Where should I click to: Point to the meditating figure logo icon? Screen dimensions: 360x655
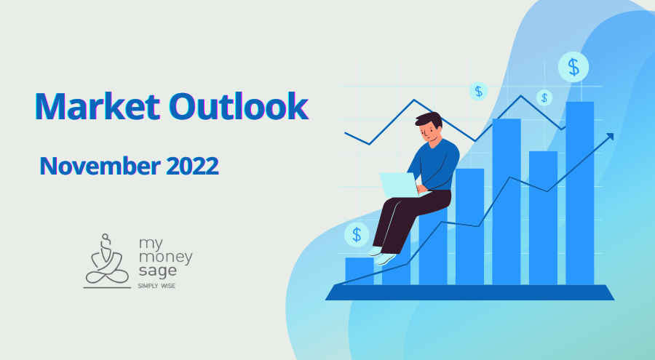(x=105, y=260)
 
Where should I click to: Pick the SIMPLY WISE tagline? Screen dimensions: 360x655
(x=156, y=286)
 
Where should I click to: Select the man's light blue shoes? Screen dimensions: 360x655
(x=384, y=256)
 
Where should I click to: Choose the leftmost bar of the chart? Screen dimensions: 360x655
(x=359, y=271)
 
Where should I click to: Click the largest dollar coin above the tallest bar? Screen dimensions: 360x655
(x=573, y=67)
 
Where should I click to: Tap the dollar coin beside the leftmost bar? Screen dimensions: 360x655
(x=357, y=234)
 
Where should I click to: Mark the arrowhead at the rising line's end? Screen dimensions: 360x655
(x=609, y=136)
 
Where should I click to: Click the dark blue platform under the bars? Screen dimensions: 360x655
(x=469, y=292)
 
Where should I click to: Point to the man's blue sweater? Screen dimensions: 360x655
(x=441, y=161)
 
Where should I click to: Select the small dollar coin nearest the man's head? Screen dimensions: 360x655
(x=478, y=91)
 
